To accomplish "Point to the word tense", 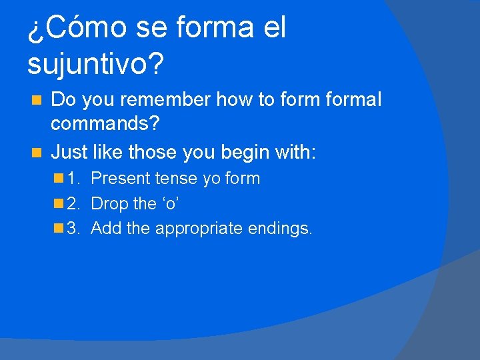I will pos(172,179).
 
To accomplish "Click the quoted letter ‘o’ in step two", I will pos(168,203).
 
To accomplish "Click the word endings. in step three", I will pos(280,229).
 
